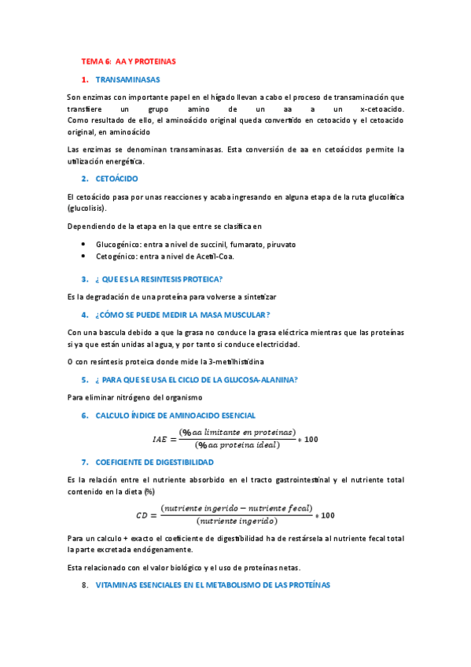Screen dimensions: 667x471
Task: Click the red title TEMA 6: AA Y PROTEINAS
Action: click(129, 61)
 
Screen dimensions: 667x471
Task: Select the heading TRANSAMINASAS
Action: click(127, 79)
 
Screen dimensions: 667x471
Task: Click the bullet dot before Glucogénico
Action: click(84, 245)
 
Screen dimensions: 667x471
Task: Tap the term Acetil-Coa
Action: click(234, 256)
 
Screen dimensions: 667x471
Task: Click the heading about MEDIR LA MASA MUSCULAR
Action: click(182, 315)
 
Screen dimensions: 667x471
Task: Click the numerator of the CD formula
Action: click(235, 508)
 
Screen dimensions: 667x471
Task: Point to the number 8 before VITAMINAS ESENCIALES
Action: click(84, 585)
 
